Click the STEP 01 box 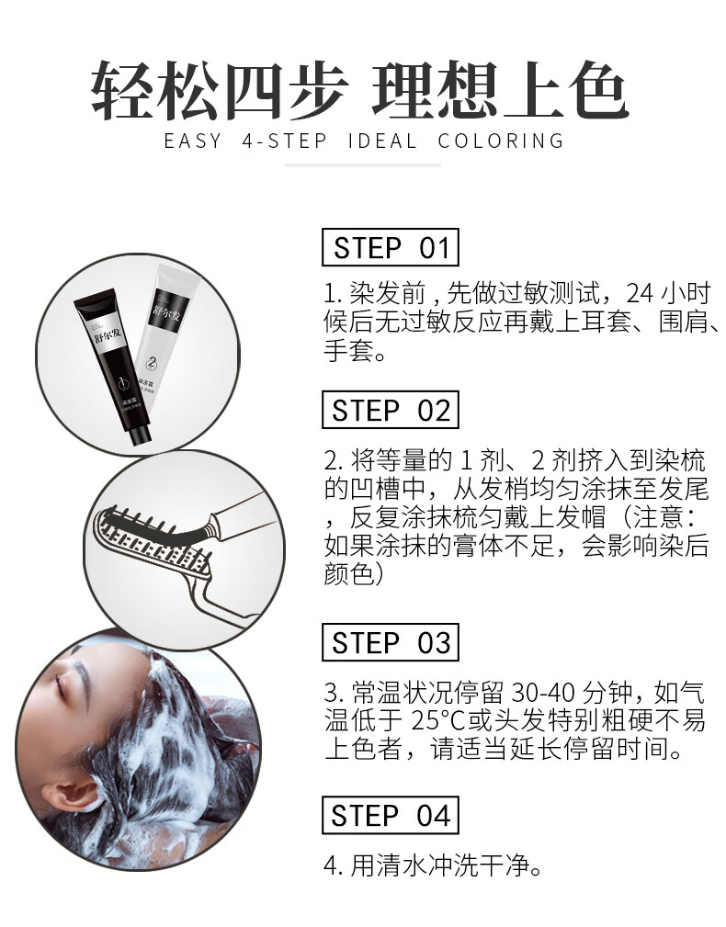click(391, 247)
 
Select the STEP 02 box click(391, 410)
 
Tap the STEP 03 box click(391, 642)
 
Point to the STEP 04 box click(391, 815)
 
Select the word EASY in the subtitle click(193, 141)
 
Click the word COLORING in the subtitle click(502, 141)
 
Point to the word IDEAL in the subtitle click(382, 141)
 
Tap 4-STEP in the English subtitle click(284, 141)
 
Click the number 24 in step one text click(641, 293)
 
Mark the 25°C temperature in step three click(437, 720)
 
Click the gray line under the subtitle click(362, 165)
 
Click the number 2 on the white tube click(152, 362)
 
